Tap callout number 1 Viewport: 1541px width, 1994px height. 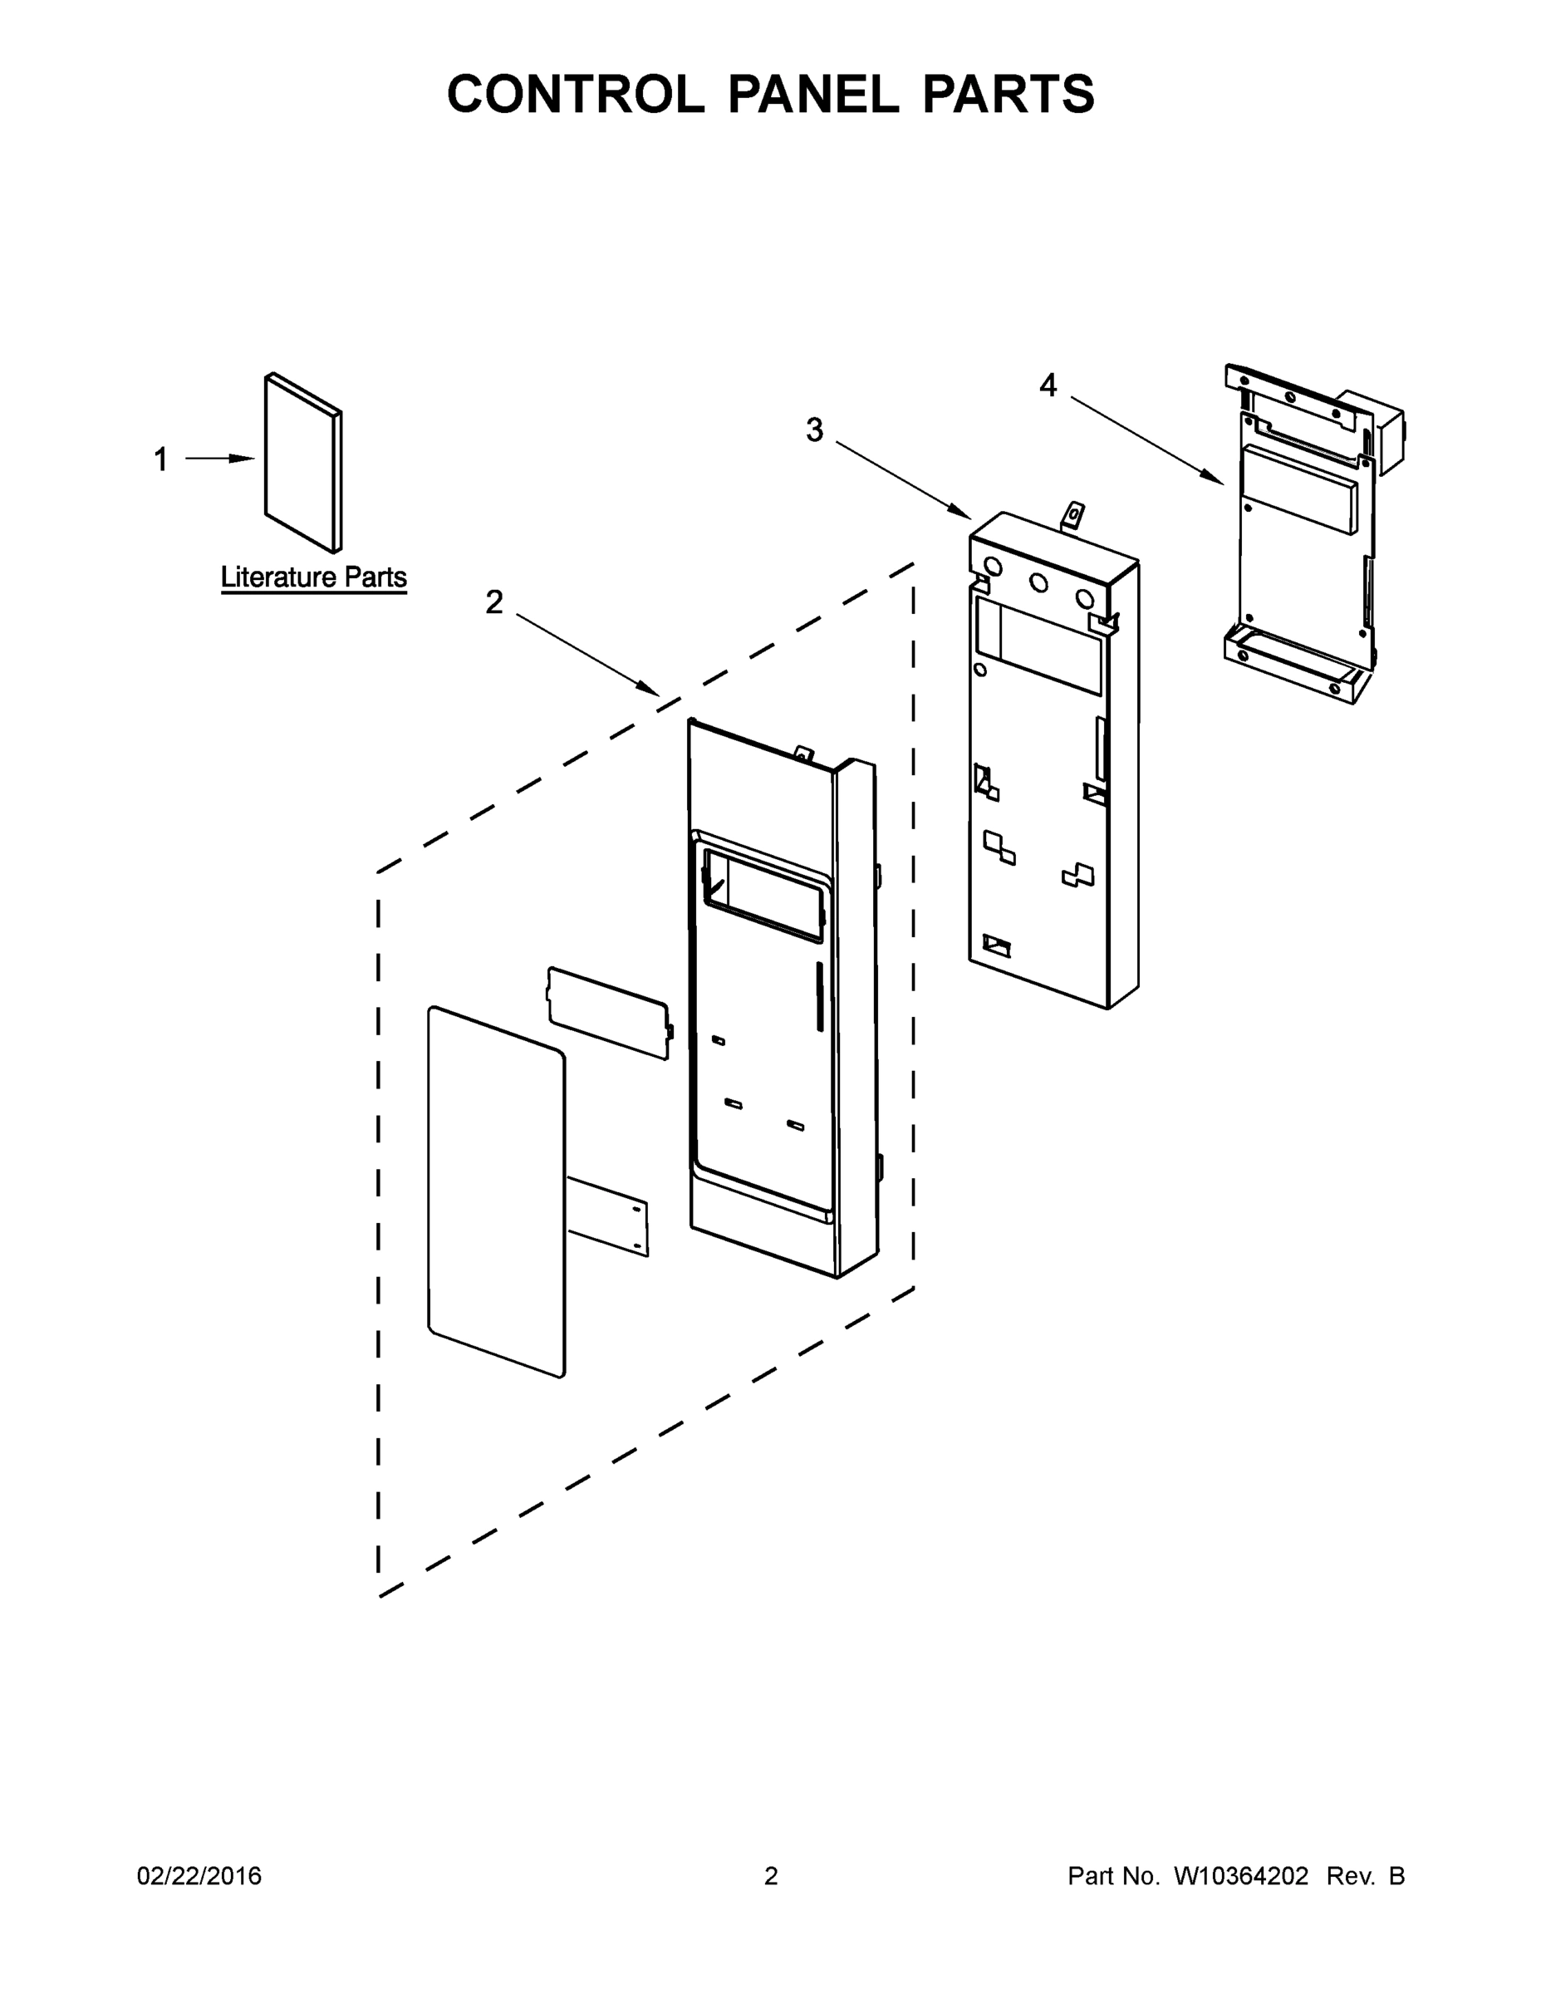tap(160, 459)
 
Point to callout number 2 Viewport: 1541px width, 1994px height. tap(494, 602)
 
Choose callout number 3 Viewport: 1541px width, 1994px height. tap(814, 429)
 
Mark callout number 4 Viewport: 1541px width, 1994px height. tap(1048, 386)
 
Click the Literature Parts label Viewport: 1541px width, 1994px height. tap(313, 577)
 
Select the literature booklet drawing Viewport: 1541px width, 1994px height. tap(303, 462)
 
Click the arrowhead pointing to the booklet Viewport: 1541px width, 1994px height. tap(243, 459)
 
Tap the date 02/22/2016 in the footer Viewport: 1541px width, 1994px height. tap(199, 1876)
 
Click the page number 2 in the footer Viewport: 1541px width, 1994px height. tap(771, 1876)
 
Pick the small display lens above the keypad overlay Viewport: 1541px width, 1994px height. tap(608, 1013)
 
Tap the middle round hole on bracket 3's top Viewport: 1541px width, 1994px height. tap(1038, 582)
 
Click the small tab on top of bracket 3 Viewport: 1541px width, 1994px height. tap(1074, 516)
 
